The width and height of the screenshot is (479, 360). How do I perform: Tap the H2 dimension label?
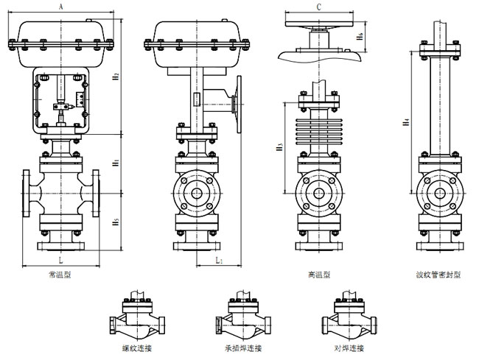tap(116, 77)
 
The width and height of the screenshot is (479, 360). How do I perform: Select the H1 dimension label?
tap(116, 162)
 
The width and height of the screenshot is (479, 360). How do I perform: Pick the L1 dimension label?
tap(219, 260)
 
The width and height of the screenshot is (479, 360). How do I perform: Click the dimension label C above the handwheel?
tap(318, 6)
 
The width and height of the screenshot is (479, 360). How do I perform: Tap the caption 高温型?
tap(319, 277)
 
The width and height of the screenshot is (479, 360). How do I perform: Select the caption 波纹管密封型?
tap(438, 277)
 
